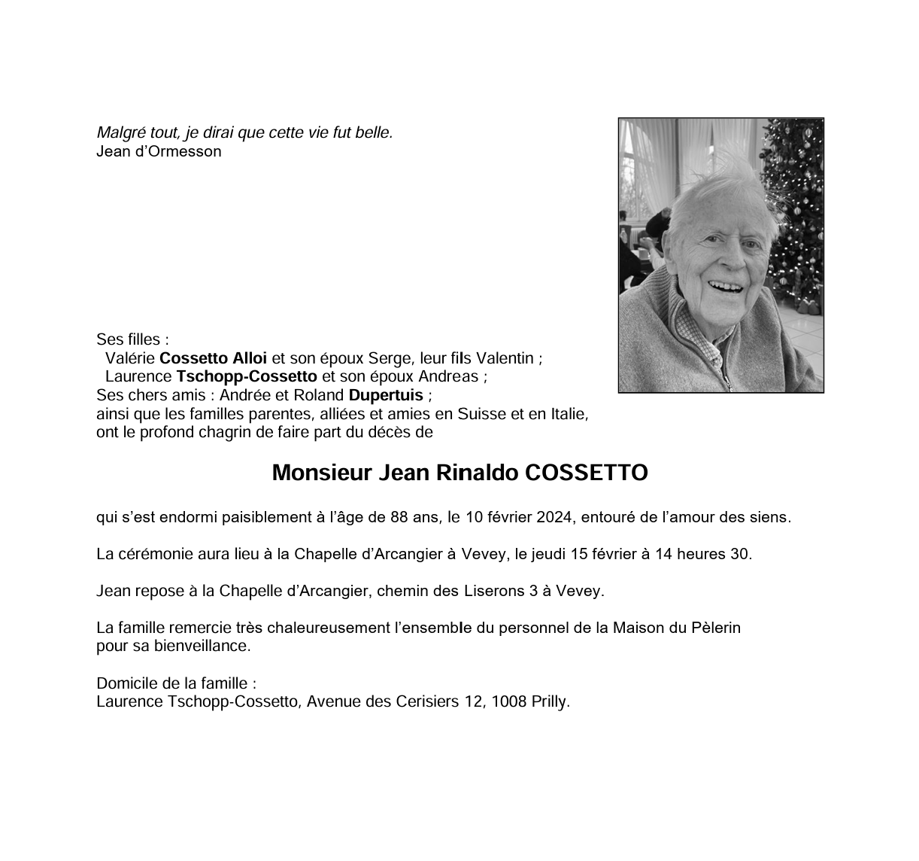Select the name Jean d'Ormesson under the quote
tap(159, 151)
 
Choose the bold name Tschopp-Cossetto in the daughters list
tap(247, 376)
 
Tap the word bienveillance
tap(201, 646)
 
